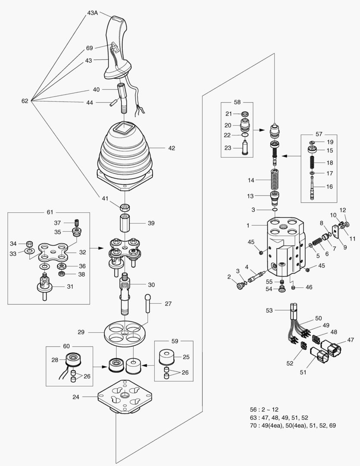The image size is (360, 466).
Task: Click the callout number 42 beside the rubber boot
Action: point(172,148)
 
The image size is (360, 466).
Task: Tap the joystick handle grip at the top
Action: point(117,47)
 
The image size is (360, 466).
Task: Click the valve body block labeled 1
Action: point(285,246)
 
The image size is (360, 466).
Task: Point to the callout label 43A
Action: point(93,13)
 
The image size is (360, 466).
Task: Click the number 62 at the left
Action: point(25,101)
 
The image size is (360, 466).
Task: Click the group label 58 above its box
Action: point(237,102)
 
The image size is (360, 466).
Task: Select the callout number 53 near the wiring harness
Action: point(269,310)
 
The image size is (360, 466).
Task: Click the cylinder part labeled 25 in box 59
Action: point(166,357)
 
